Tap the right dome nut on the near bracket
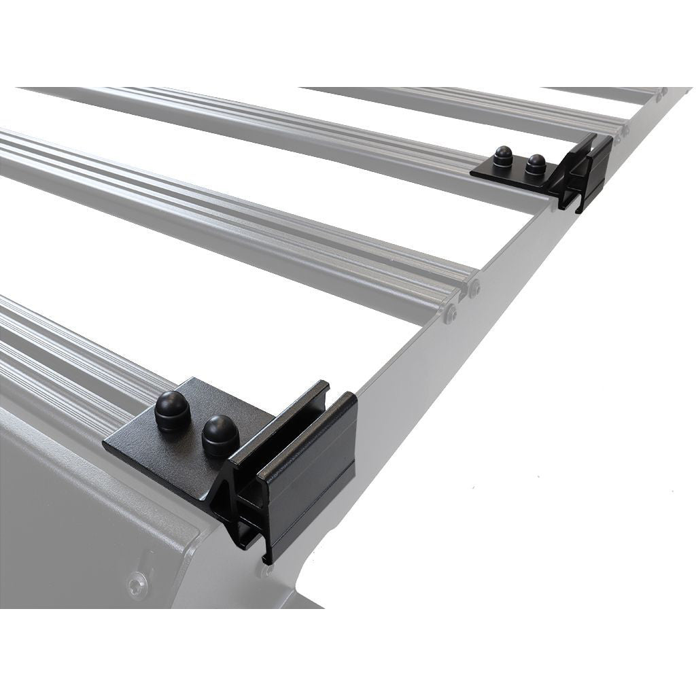click(220, 435)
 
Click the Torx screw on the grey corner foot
click(137, 584)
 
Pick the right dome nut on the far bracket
click(536, 163)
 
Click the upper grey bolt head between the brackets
click(474, 289)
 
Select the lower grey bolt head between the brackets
click(450, 312)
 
